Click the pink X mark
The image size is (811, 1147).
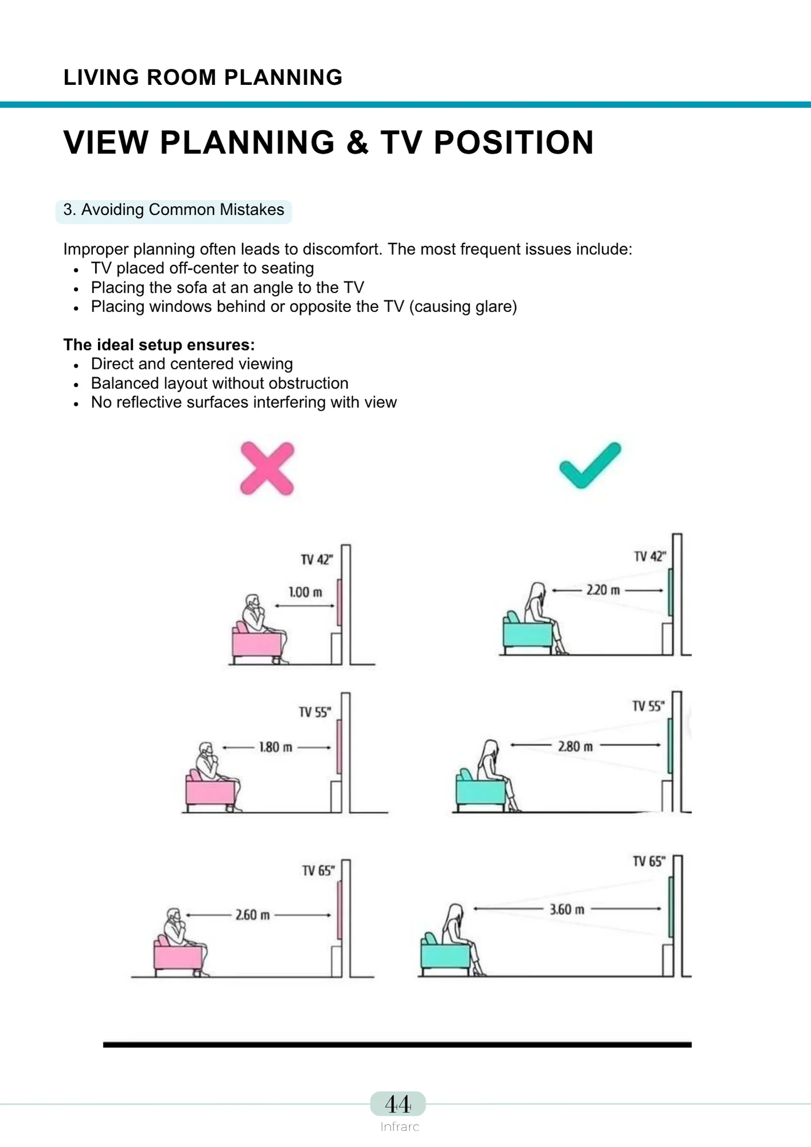click(267, 469)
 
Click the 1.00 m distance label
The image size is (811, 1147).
click(305, 592)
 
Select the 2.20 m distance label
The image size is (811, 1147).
click(603, 590)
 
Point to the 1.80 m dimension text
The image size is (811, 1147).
click(276, 747)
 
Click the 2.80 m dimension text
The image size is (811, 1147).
click(575, 746)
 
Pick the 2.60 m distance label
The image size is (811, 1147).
click(252, 915)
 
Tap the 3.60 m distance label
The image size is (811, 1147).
click(567, 910)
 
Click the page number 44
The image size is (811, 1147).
click(397, 1104)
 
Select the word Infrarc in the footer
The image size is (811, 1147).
click(400, 1127)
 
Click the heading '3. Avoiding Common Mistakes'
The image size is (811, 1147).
click(174, 210)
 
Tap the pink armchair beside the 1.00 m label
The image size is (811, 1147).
click(256, 644)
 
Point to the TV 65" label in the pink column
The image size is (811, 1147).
click(318, 871)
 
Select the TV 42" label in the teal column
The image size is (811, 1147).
click(649, 556)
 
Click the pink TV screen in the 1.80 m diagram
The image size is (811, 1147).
click(339, 747)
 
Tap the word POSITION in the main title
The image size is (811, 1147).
click(513, 142)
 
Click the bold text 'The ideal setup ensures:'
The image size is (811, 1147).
click(159, 345)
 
